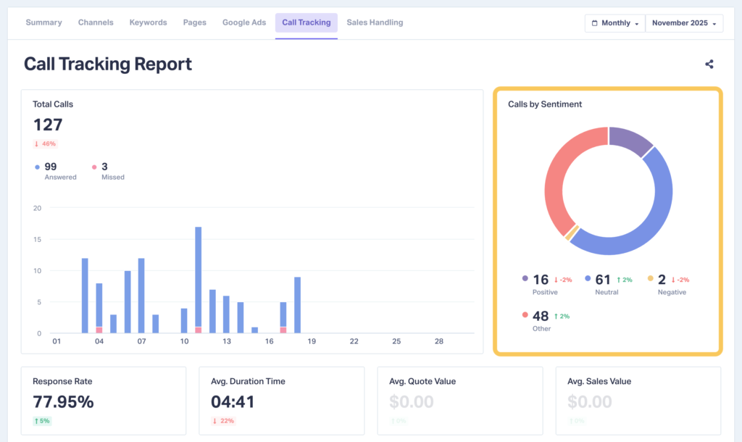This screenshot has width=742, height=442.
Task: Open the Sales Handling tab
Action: (375, 22)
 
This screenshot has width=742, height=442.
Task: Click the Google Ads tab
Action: (244, 22)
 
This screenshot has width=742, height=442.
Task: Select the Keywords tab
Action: (148, 22)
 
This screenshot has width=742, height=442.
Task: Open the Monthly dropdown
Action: (614, 23)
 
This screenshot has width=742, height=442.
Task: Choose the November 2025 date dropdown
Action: (684, 23)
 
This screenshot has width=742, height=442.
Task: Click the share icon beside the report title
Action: (709, 64)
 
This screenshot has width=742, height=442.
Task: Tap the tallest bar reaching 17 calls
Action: (198, 279)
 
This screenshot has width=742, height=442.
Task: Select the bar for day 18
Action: (297, 304)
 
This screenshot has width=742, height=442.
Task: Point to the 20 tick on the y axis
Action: (37, 209)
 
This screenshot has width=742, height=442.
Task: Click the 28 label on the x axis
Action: (438, 341)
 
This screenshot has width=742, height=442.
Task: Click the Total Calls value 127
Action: (48, 125)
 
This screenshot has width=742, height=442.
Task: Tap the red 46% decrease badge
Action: (45, 143)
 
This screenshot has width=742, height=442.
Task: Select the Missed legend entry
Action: (108, 171)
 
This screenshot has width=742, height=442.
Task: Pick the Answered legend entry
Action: (57, 171)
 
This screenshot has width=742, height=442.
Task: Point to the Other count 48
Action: (541, 316)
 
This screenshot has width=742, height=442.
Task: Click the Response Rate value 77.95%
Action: (63, 401)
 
